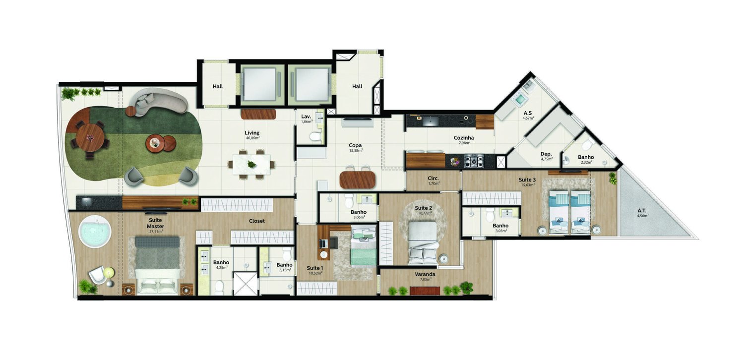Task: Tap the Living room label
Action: (x=252, y=133)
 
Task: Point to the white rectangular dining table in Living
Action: (x=251, y=164)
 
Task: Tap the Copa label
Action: (x=355, y=145)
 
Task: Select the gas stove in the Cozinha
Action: (x=474, y=161)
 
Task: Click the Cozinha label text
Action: (x=464, y=138)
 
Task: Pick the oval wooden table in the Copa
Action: (x=358, y=180)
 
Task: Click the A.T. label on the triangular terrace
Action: (x=642, y=211)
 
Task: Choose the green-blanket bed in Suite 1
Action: (x=364, y=246)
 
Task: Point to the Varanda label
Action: (x=425, y=274)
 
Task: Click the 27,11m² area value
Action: (x=156, y=232)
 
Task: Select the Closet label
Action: (x=257, y=221)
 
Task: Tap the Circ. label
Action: (x=433, y=179)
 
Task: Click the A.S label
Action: (x=528, y=113)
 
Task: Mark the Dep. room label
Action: (x=546, y=154)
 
